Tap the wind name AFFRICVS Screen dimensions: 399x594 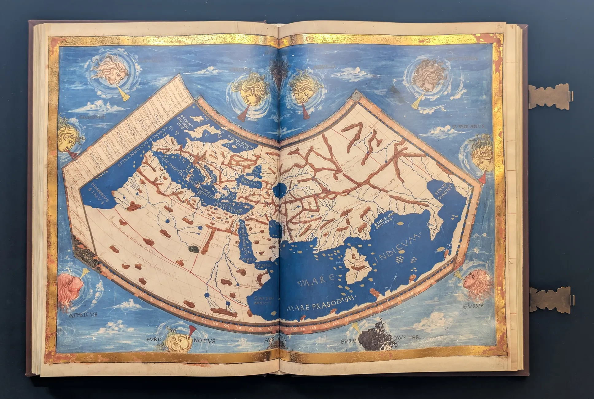[x=83, y=315]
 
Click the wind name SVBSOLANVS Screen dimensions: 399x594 [x=468, y=126]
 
